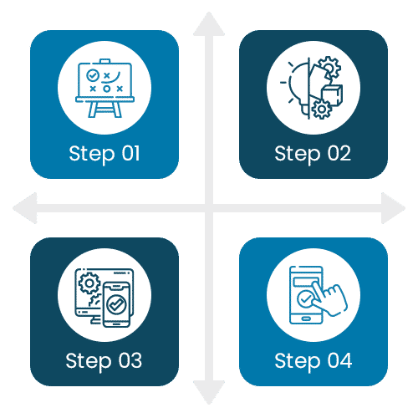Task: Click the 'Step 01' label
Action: click(x=104, y=154)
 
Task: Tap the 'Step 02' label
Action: click(x=313, y=154)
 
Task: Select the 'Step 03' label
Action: click(x=104, y=361)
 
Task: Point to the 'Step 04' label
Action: click(x=313, y=361)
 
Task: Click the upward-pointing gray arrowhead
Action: click(x=209, y=25)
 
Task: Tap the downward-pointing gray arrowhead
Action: click(x=209, y=392)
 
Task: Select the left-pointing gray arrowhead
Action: click(x=26, y=208)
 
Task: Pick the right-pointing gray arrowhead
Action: click(x=392, y=208)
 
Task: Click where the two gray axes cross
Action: click(x=209, y=208)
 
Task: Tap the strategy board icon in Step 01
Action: click(x=104, y=88)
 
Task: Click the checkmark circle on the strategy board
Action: click(x=93, y=75)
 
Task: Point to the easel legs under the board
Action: click(x=104, y=110)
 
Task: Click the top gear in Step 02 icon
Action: click(x=329, y=68)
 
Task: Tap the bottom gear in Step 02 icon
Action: click(x=322, y=110)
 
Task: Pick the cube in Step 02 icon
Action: click(x=332, y=94)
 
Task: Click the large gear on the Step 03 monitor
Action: click(x=89, y=283)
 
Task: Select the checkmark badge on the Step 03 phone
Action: click(x=116, y=304)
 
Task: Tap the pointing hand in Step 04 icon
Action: click(x=329, y=299)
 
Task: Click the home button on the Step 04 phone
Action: click(x=306, y=319)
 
